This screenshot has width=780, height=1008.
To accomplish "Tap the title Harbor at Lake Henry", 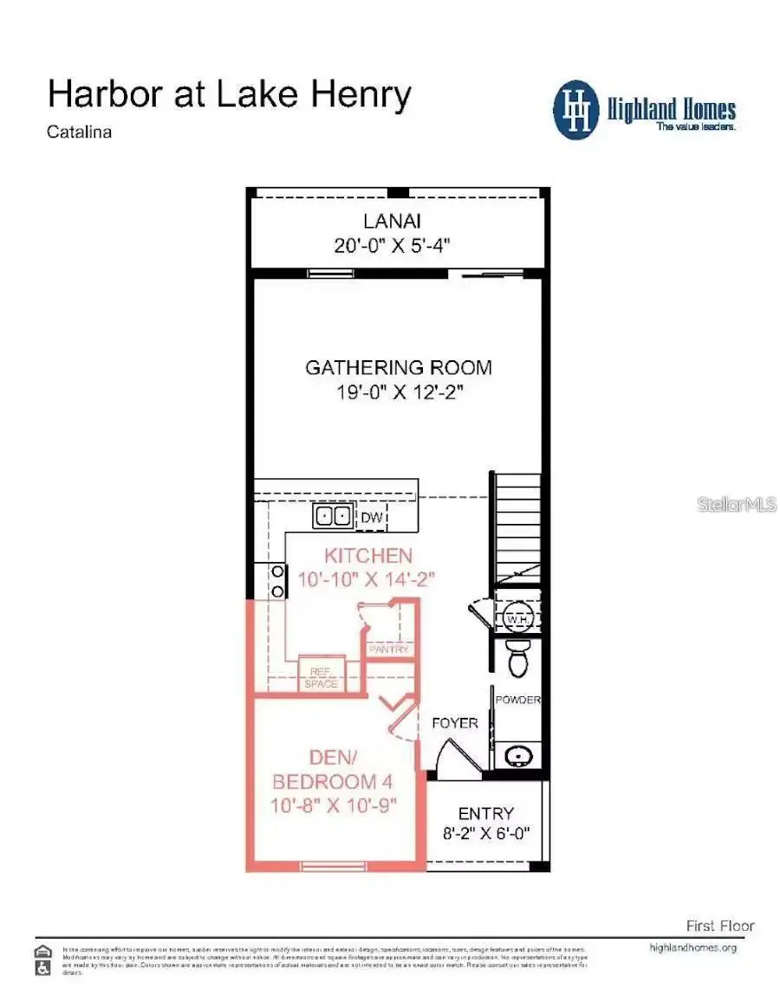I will click(229, 94).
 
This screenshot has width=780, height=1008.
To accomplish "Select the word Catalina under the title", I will click(80, 132).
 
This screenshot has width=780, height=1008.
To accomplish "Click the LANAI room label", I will click(392, 219).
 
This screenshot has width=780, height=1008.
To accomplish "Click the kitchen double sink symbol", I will click(333, 517).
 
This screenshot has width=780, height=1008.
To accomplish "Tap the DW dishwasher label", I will click(370, 518).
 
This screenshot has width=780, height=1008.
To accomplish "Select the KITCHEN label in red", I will click(368, 555).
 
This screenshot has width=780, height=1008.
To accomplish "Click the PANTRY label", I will click(388, 649).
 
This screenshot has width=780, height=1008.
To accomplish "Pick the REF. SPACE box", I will click(320, 676).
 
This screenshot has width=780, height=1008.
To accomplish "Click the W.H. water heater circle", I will click(517, 619).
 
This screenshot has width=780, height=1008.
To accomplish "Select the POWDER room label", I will click(517, 700).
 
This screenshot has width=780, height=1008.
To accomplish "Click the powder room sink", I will click(518, 757).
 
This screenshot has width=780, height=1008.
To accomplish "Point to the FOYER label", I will click(454, 722).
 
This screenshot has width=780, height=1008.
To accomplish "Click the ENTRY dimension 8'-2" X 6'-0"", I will click(486, 835).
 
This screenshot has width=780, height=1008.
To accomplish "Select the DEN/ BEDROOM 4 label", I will click(333, 771).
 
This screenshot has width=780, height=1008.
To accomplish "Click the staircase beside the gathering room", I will click(517, 528).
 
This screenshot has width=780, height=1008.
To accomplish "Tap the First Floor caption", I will click(719, 926).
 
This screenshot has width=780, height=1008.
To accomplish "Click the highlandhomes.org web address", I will click(692, 947).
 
